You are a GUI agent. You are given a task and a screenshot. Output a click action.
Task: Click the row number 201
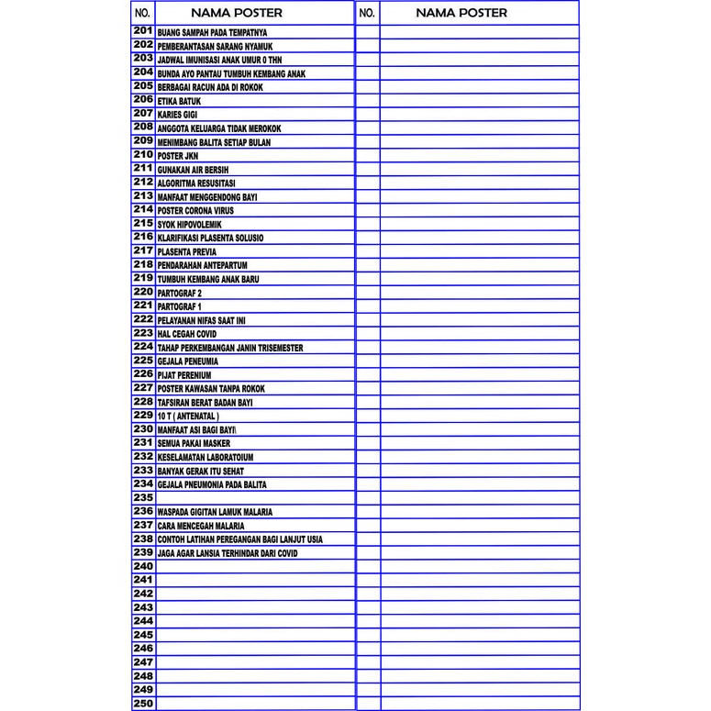143,31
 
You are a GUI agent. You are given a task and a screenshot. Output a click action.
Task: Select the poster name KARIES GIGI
177,115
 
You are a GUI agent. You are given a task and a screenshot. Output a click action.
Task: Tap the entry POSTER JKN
177,156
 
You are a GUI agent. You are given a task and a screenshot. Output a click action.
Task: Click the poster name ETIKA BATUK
179,101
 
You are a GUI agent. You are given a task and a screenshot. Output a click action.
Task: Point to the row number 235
143,497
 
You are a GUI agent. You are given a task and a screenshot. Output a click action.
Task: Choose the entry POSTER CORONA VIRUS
195,211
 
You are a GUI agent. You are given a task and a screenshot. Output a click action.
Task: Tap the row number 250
143,704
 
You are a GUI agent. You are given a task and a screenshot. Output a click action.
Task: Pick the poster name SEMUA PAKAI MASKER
194,443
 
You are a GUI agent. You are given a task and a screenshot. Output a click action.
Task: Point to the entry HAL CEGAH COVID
187,334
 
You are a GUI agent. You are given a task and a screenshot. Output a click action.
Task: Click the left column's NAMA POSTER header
237,13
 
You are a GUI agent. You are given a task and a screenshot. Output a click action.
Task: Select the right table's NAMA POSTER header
461,13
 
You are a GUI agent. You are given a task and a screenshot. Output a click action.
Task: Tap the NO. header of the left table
142,13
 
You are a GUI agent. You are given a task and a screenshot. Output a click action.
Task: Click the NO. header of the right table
367,13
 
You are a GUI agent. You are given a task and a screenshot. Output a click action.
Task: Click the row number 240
143,567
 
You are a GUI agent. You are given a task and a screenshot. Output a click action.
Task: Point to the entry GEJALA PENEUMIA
188,361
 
